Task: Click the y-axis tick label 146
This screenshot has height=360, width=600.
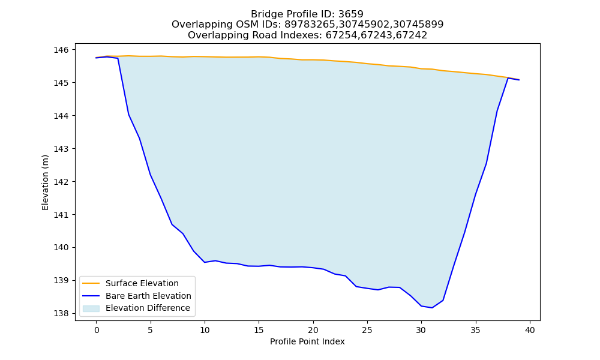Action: point(61,50)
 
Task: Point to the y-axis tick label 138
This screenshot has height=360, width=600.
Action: point(61,313)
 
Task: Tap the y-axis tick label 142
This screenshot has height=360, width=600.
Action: point(61,182)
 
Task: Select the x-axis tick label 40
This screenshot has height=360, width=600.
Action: point(530,330)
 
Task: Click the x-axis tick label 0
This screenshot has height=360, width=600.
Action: point(96,330)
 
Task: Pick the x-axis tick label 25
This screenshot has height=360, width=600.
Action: point(367,330)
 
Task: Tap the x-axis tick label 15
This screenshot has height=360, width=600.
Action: point(259,330)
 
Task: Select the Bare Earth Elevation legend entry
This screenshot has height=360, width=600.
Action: point(137,296)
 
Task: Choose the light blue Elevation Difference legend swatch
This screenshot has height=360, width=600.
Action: point(91,308)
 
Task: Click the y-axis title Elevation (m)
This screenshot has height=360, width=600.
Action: point(45,182)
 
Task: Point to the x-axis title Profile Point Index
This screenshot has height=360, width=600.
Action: point(307,341)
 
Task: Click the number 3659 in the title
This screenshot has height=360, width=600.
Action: point(350,14)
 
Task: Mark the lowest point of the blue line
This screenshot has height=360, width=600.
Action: point(432,308)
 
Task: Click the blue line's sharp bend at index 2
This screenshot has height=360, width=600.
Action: point(118,58)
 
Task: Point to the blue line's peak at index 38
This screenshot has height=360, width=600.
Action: point(508,78)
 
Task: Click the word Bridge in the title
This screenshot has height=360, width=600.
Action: point(265,14)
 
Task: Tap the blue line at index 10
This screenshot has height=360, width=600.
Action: point(205,262)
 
